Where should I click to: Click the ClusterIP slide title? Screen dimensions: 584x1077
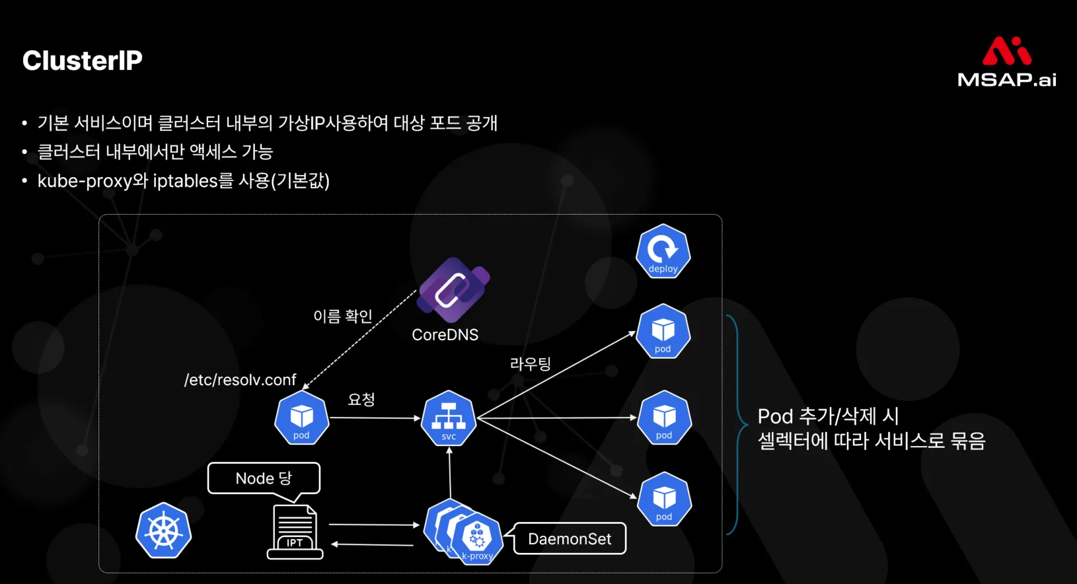click(x=83, y=61)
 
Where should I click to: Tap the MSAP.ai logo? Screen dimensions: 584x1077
click(x=1006, y=63)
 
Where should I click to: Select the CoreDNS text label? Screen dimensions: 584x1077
click(x=445, y=335)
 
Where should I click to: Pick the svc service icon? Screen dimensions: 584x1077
click(x=449, y=418)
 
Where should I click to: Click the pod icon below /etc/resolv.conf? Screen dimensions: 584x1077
click(x=301, y=418)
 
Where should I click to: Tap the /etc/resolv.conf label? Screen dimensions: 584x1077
click(x=240, y=380)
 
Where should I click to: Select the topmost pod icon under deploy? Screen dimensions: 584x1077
click(x=663, y=332)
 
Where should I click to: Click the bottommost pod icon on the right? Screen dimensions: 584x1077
click(x=664, y=499)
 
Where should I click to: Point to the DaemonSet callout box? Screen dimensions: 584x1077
click(x=570, y=539)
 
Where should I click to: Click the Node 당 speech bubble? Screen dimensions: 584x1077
click(x=264, y=478)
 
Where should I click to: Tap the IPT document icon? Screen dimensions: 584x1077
click(x=295, y=532)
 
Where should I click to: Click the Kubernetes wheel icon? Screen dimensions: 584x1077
click(x=163, y=530)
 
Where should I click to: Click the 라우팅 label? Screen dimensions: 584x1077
click(x=530, y=364)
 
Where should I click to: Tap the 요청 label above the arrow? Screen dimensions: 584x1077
click(x=361, y=399)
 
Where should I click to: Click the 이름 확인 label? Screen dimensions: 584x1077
click(x=342, y=316)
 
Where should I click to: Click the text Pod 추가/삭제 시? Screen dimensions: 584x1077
click(x=827, y=416)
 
